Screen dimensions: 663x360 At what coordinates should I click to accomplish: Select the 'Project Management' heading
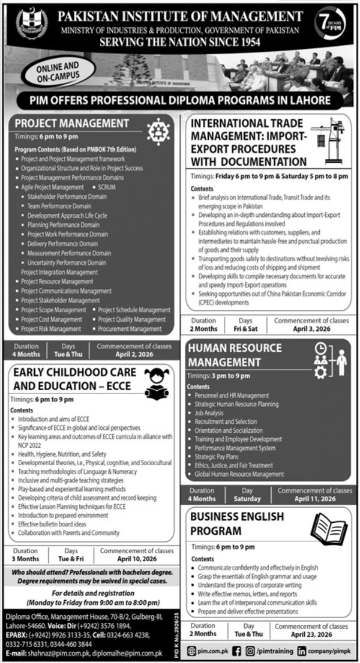coord(72,123)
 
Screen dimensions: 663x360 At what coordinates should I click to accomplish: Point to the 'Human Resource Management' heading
coord(235,355)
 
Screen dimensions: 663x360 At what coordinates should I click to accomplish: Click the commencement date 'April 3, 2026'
coord(312,328)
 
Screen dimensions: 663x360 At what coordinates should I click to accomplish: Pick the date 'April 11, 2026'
coord(315,498)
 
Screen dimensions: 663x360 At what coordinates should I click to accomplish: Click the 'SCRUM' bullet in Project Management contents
coord(108,187)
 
